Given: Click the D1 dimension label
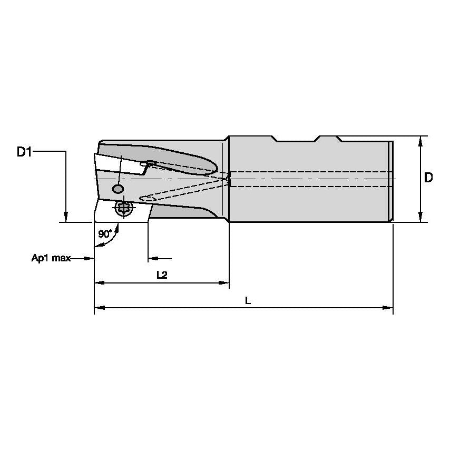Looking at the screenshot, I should [x=24, y=152].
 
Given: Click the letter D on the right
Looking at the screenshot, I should [x=428, y=178].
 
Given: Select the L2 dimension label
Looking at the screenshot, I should [x=162, y=275].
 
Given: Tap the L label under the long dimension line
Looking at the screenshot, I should [x=248, y=300].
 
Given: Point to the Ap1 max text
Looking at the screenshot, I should [x=50, y=259].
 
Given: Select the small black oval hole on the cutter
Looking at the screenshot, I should [x=118, y=189].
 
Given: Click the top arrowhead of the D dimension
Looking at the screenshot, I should [x=420, y=141].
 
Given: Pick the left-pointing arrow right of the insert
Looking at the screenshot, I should [x=153, y=259].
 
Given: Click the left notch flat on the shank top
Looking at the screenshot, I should [x=296, y=141].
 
